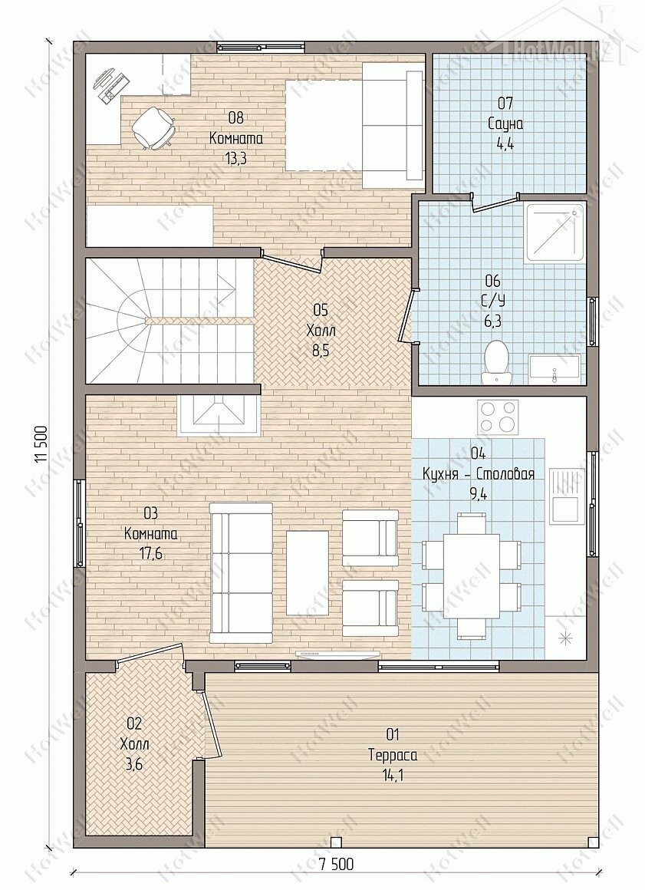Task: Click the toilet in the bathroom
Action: (497, 361)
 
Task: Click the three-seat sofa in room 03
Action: (241, 572)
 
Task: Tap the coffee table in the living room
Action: (308, 572)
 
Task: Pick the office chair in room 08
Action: (153, 128)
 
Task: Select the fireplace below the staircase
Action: (219, 416)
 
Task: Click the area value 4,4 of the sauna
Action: (505, 143)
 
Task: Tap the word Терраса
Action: (393, 756)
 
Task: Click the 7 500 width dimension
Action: (336, 880)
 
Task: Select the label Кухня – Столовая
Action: (479, 474)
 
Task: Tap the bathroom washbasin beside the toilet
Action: (554, 370)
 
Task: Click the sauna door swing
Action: (494, 203)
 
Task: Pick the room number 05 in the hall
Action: (321, 309)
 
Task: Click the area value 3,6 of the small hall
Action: (133, 765)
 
